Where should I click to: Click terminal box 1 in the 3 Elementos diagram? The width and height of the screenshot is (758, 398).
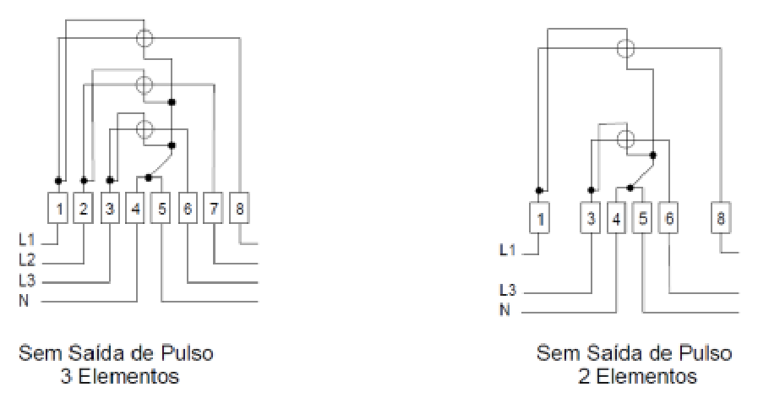click(x=57, y=209)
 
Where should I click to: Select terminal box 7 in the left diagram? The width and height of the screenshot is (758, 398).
click(x=213, y=209)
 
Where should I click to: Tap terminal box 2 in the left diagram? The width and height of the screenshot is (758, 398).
click(x=83, y=209)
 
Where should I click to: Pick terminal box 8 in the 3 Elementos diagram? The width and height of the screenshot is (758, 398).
click(x=239, y=209)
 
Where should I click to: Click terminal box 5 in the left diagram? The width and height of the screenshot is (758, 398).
click(x=161, y=209)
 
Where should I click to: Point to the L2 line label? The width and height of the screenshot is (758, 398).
click(x=27, y=260)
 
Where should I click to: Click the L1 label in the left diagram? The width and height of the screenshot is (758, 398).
click(x=27, y=239)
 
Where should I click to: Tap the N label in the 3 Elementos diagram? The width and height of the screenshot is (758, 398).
click(x=24, y=301)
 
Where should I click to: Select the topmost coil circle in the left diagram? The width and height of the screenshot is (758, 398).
click(x=144, y=38)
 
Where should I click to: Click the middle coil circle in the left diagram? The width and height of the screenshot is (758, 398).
click(x=144, y=85)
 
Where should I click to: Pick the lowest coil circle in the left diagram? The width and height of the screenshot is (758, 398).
click(x=144, y=129)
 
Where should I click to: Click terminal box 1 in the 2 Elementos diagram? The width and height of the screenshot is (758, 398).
click(x=539, y=219)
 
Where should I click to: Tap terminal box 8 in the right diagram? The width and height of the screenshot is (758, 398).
click(x=720, y=219)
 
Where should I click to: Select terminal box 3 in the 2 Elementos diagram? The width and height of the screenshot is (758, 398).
click(x=591, y=219)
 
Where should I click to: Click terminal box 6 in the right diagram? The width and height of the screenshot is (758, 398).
click(x=669, y=219)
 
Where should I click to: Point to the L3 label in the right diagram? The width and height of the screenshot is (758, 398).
click(x=508, y=290)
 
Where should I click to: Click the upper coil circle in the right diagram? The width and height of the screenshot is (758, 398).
click(x=625, y=48)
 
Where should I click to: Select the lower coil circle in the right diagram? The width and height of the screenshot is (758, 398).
click(x=625, y=139)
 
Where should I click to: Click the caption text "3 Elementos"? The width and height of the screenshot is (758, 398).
click(x=119, y=376)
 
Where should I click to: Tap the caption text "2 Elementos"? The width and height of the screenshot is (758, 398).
click(x=637, y=376)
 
